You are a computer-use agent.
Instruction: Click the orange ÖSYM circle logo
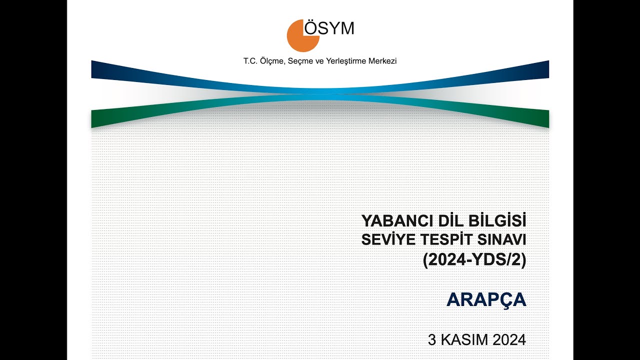point(301,36)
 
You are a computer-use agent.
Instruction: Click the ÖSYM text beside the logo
point(329,28)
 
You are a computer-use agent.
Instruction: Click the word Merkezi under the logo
point(382,61)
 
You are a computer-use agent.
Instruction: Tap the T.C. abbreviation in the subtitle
point(249,61)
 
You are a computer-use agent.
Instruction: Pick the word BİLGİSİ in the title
point(498,220)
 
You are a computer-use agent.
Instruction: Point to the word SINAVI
point(502,240)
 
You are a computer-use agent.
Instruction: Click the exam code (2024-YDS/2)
point(474,260)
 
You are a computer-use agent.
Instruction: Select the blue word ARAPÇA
point(486,299)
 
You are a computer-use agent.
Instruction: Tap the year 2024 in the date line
point(509,340)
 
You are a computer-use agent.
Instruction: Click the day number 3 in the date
point(432,340)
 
